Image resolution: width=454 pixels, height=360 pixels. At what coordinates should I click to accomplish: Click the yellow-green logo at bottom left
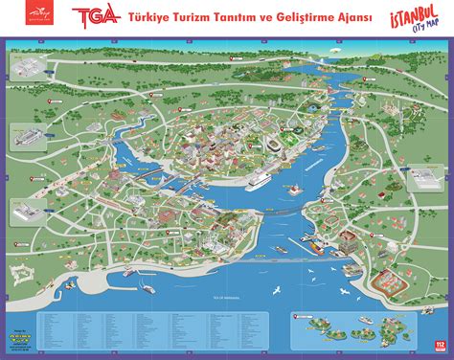(58, 339)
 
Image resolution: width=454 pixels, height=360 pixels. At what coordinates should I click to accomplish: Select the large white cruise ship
(261, 178)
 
